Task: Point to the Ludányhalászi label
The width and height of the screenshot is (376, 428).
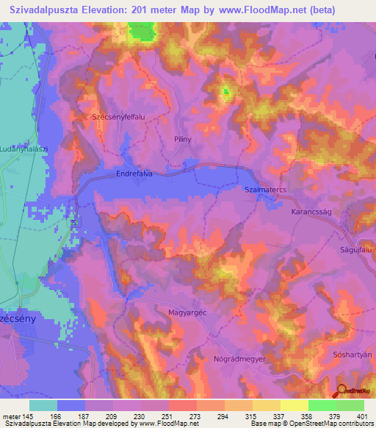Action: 23,149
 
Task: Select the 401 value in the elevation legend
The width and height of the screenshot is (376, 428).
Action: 362,415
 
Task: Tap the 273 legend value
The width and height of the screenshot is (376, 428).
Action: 196,415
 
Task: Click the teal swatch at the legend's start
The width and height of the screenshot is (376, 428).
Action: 43,405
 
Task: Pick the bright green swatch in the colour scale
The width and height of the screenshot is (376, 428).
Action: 322,405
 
